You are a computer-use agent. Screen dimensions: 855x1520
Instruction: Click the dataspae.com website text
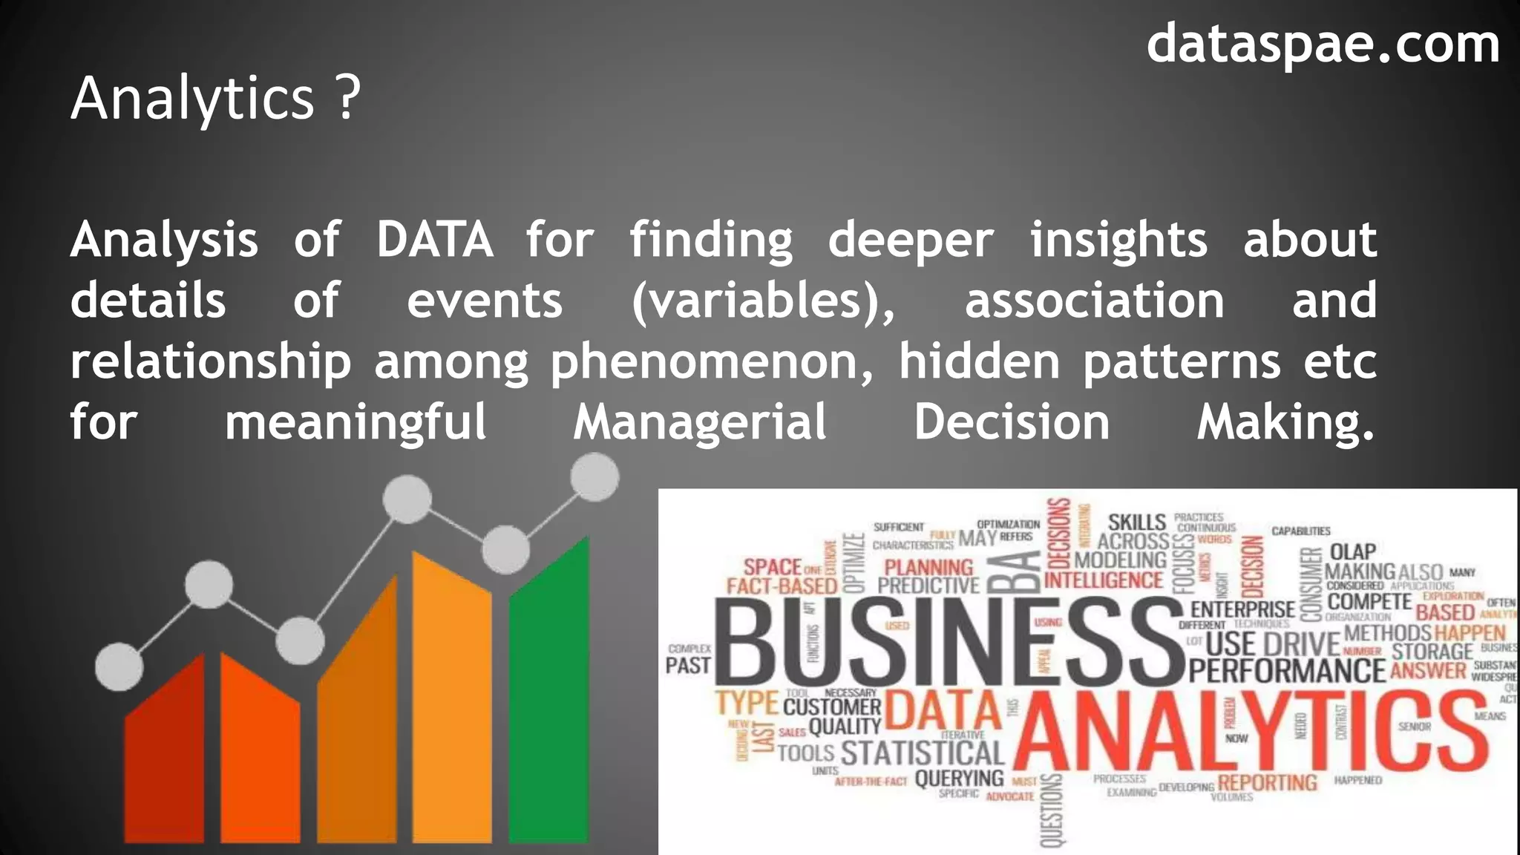click(1323, 45)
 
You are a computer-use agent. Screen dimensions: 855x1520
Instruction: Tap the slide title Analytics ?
click(215, 98)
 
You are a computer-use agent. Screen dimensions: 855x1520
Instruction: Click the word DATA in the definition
click(434, 240)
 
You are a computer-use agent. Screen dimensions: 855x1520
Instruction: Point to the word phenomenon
click(712, 363)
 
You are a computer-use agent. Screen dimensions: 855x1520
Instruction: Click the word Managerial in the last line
click(699, 422)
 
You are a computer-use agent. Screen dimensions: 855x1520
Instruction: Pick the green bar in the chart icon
click(549, 705)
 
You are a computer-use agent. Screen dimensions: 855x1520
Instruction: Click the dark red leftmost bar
click(165, 757)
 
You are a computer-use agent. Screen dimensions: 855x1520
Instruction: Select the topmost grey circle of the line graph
click(594, 477)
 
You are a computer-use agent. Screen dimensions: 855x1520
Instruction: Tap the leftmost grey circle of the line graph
click(119, 666)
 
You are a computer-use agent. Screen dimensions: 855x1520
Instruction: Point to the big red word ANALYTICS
click(1251, 731)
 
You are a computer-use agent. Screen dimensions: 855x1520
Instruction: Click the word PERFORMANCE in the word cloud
click(1287, 671)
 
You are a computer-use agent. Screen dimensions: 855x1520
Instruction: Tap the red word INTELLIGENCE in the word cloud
click(1104, 580)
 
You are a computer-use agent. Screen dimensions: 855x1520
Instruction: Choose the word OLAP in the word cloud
click(1353, 552)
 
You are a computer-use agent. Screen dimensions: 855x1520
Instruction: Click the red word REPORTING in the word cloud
click(1267, 782)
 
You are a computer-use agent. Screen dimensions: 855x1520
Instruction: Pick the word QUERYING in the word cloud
click(959, 779)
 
